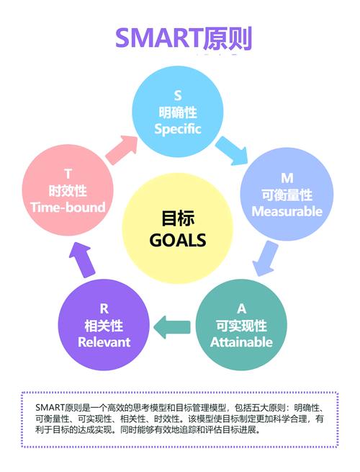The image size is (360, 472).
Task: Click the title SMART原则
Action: pos(184,38)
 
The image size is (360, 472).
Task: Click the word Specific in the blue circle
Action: pos(178,129)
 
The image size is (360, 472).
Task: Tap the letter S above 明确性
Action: pos(178,96)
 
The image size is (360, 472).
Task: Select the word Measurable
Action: pos(287,211)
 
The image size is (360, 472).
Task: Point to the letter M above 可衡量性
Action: pos(287,178)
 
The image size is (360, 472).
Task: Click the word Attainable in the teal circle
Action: pos(241,342)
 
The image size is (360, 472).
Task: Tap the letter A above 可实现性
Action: pos(241,309)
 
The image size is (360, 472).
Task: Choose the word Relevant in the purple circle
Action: pos(104,342)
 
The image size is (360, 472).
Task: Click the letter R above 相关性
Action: pos(104,309)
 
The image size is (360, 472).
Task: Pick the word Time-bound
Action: pos(68,208)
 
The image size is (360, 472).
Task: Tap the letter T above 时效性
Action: pos(68,174)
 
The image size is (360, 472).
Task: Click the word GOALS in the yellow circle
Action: pos(178,240)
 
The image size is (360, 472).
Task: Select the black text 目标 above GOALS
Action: pos(178,218)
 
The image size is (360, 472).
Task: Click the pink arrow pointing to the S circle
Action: pos(121,150)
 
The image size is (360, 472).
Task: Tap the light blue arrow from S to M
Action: pos(232,151)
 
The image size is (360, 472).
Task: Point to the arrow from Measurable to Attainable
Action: pos(265,258)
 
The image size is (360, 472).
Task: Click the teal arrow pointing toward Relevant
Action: pos(172,327)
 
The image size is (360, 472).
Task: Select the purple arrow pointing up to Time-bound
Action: pos(82,260)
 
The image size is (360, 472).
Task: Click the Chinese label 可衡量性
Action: pos(287,195)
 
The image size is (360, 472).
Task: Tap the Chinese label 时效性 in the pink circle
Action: pos(68,191)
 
